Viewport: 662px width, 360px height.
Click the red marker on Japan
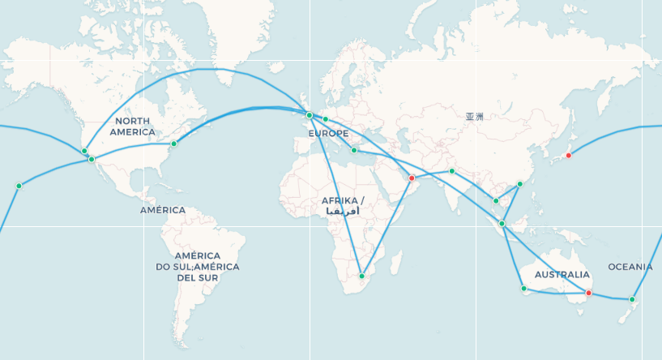[x=569, y=155]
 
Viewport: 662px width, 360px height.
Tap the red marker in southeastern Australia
[x=589, y=293]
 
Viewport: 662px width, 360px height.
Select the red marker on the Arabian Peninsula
[x=412, y=178]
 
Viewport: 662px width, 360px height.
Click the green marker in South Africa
[x=362, y=276]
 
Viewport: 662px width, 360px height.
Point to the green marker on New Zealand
[x=632, y=300]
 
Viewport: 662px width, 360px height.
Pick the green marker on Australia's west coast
[x=523, y=289]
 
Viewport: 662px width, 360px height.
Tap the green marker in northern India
[x=452, y=171]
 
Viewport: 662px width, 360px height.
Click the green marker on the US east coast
[x=173, y=144]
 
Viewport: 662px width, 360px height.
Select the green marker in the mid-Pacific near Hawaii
[x=19, y=186]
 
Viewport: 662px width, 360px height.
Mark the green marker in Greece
[x=354, y=150]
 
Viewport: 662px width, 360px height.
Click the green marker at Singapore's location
[x=502, y=224]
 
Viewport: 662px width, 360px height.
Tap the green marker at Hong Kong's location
[x=519, y=184]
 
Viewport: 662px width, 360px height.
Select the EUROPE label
[x=328, y=133]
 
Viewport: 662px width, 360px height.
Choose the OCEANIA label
[x=630, y=267]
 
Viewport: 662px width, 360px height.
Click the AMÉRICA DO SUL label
[x=198, y=266]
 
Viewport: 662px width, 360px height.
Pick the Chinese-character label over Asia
[x=474, y=117]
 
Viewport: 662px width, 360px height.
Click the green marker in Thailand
[x=496, y=200]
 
